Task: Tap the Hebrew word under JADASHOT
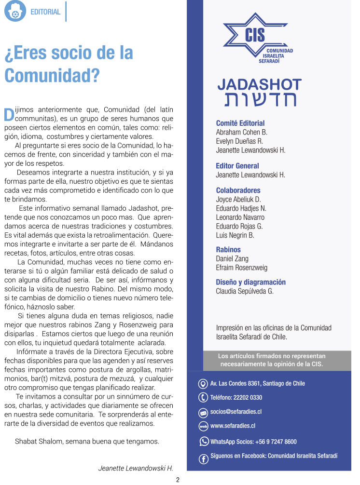tap(260, 99)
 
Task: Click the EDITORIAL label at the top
tap(45, 12)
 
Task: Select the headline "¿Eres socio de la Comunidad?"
tap(69, 64)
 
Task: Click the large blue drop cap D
tap(9, 114)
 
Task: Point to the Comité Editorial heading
tap(240, 123)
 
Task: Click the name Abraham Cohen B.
tap(242, 132)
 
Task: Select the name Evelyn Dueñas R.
tap(239, 141)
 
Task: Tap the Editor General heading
tap(237, 166)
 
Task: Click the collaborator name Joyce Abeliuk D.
tap(238, 199)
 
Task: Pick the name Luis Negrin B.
tap(235, 235)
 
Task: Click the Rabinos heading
tap(228, 250)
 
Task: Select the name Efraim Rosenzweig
tap(242, 268)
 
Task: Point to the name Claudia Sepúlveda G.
tap(245, 291)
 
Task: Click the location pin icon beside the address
tap(203, 384)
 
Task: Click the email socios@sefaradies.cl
tap(236, 412)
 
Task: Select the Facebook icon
tap(204, 459)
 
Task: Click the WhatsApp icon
tap(204, 441)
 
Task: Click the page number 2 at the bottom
tap(178, 480)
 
